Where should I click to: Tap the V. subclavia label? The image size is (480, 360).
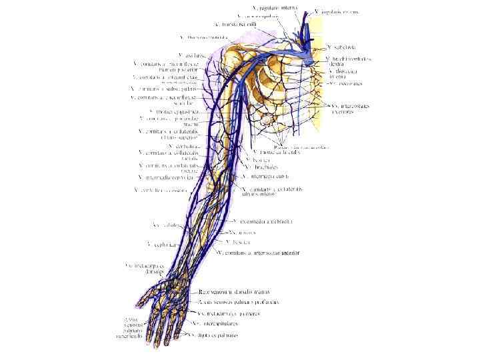340,47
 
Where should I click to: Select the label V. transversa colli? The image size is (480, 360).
235,25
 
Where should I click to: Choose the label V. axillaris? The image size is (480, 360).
192,55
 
